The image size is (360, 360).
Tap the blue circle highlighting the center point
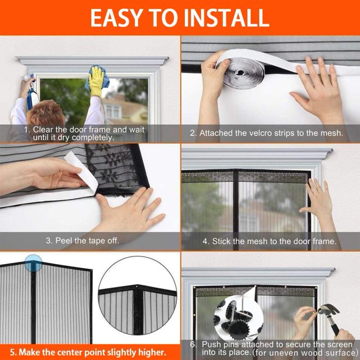34,262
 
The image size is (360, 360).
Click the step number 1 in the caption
26,129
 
